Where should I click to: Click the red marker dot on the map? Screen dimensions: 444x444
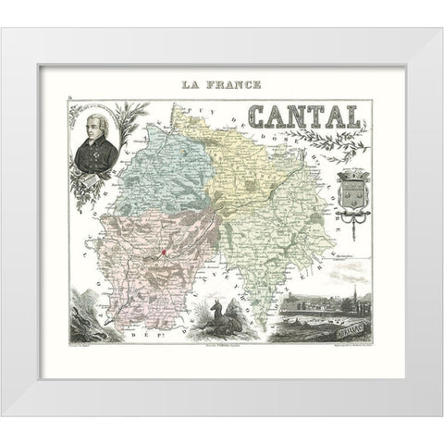(163, 252)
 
